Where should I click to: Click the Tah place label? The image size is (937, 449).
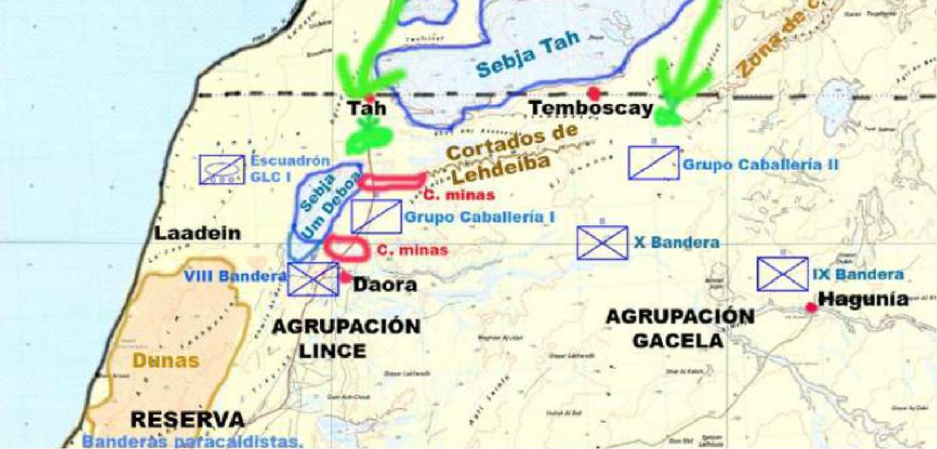tap(366, 109)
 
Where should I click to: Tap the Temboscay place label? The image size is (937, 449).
tap(591, 109)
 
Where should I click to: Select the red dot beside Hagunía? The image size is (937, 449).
tap(812, 308)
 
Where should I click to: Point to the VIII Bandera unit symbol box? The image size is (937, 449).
tap(312, 280)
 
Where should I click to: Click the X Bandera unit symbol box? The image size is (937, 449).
tap(602, 243)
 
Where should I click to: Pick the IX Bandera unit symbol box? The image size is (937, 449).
tap(782, 274)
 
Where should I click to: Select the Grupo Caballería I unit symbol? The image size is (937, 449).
tap(376, 216)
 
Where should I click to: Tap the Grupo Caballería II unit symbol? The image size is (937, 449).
tap(653, 162)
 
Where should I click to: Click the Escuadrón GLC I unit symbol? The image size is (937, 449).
tap(222, 169)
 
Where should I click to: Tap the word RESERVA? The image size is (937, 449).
tap(181, 419)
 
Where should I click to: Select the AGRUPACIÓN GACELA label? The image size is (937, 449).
tap(680, 328)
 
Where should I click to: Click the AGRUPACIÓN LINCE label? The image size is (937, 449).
tap(346, 338)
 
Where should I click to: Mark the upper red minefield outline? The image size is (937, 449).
tap(394, 181)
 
